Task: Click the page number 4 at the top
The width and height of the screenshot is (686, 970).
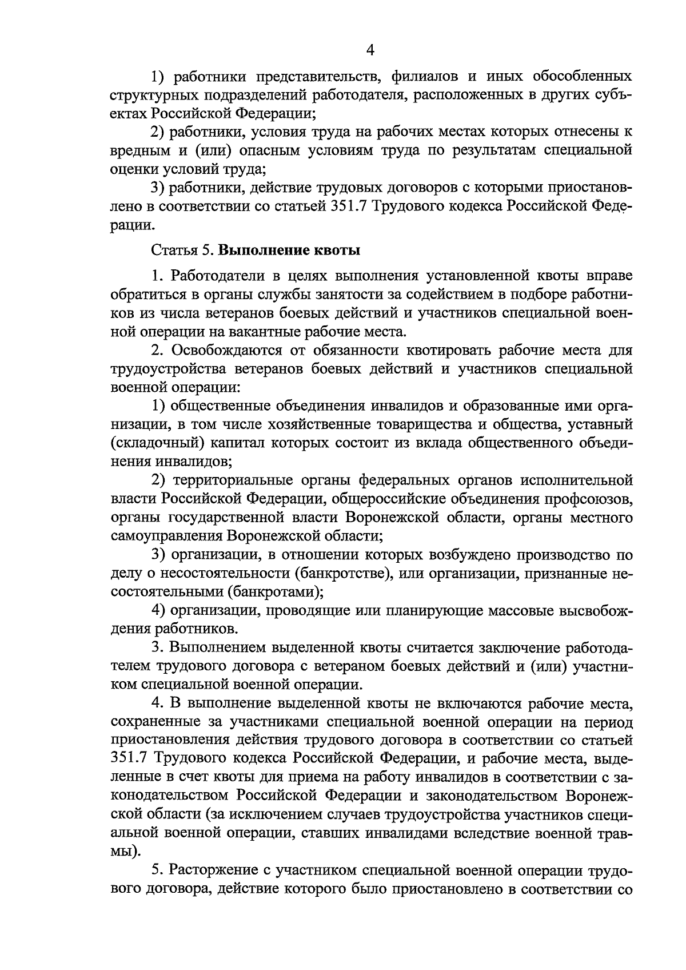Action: [x=370, y=50]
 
